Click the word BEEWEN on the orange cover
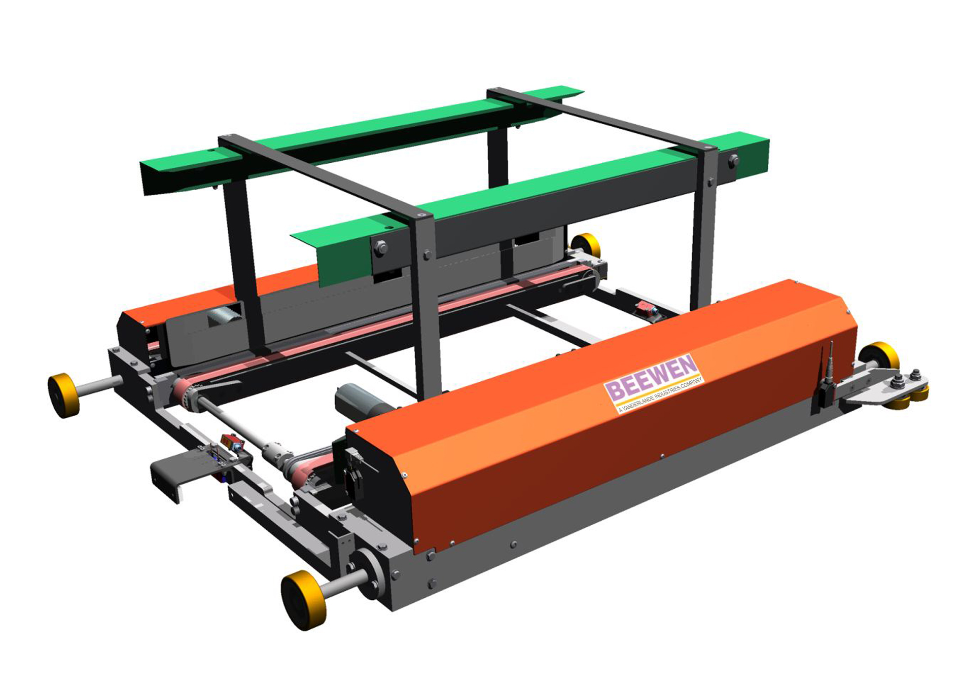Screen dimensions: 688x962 click(651, 377)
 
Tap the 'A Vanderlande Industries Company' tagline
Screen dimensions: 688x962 click(660, 395)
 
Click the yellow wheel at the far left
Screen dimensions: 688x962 click(63, 395)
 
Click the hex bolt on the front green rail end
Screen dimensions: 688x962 click(380, 248)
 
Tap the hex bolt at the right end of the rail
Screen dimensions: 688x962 click(734, 161)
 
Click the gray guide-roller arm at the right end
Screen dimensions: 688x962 click(885, 388)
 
